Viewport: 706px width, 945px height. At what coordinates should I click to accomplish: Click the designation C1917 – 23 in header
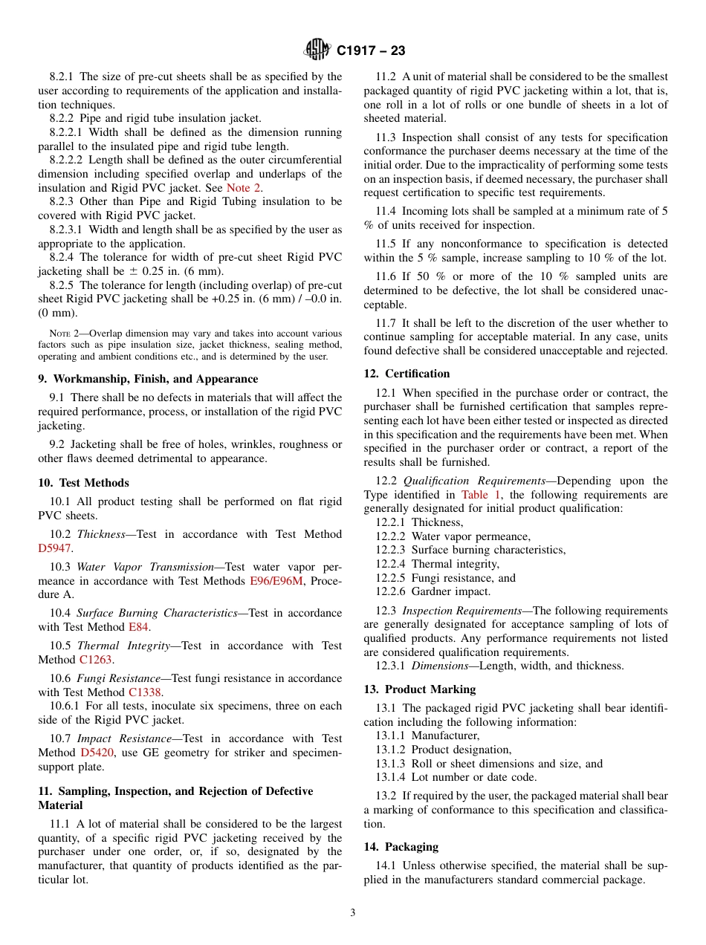tap(371, 51)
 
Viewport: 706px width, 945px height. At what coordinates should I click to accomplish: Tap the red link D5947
tap(55, 548)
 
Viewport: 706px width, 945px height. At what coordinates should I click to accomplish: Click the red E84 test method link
tap(138, 627)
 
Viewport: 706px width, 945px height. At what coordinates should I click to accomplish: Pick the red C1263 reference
tap(97, 660)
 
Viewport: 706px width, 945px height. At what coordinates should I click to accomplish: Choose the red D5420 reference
tap(97, 753)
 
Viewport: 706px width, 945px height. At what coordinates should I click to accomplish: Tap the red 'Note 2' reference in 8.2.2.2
tap(243, 188)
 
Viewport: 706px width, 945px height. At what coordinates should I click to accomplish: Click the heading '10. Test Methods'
tap(83, 483)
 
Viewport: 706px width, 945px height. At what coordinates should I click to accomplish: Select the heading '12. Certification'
tap(407, 374)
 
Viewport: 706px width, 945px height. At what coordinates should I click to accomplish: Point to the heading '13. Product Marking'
tap(419, 689)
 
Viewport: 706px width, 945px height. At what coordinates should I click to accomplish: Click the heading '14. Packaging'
tap(401, 847)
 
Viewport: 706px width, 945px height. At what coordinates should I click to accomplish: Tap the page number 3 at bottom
tap(353, 913)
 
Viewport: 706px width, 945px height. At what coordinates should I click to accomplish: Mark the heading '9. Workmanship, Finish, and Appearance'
tap(148, 379)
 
